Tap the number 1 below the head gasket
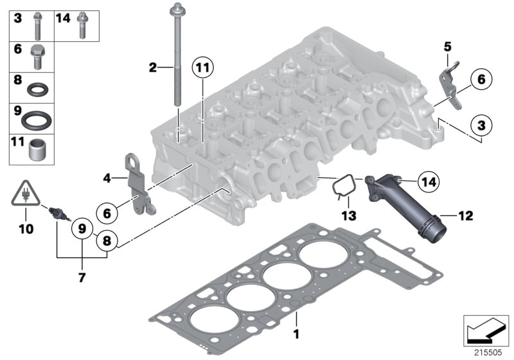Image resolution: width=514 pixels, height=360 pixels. [x=296, y=334]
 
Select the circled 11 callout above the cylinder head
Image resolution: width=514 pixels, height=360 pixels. [x=203, y=67]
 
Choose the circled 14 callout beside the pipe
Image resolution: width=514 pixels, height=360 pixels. [x=427, y=183]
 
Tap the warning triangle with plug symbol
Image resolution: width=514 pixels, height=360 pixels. [x=24, y=194]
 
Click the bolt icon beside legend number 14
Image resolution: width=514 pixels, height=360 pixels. [x=82, y=25]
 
